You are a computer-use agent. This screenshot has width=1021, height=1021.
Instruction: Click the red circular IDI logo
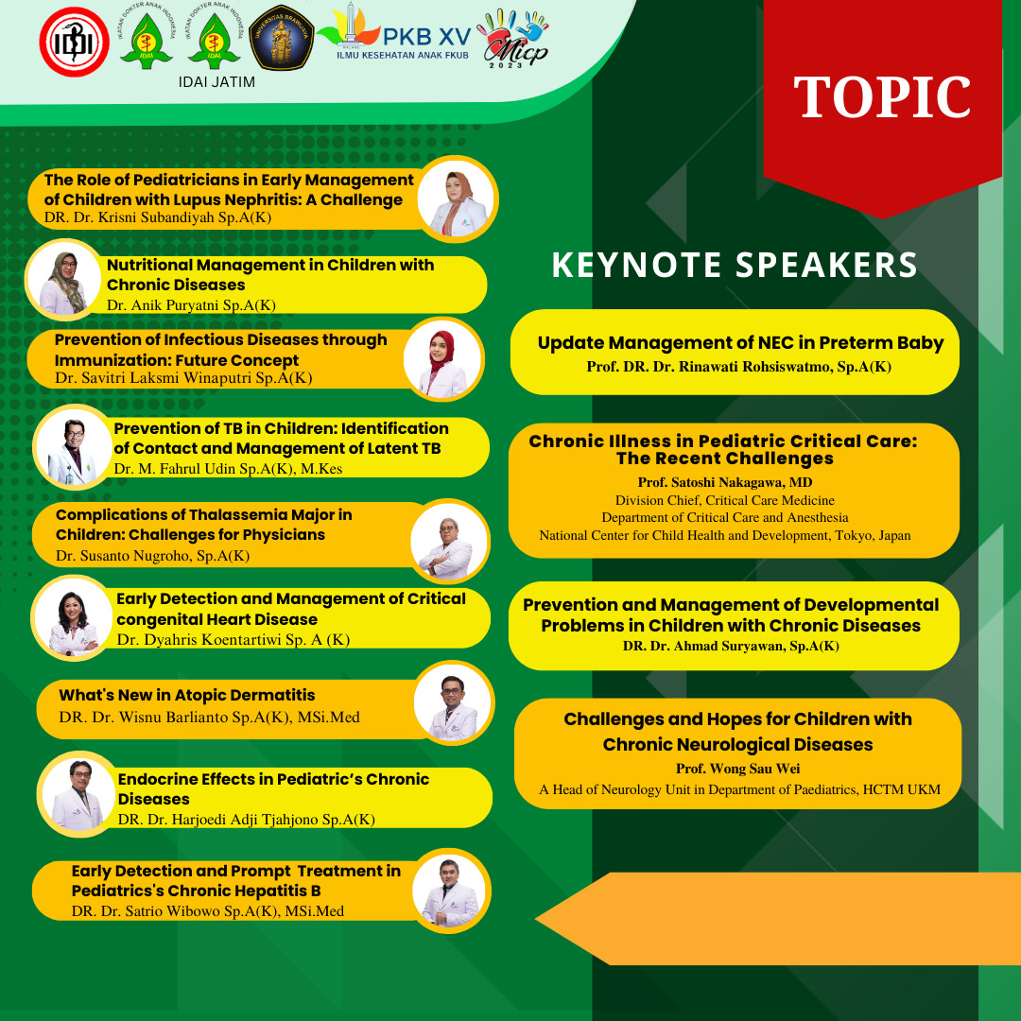point(75,42)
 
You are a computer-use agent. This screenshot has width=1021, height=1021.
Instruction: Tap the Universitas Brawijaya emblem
point(282,38)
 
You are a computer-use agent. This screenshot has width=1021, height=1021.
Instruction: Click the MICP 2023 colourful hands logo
point(514,38)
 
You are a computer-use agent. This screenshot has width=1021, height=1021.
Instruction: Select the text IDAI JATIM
point(216,82)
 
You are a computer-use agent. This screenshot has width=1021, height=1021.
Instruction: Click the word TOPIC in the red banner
point(882,97)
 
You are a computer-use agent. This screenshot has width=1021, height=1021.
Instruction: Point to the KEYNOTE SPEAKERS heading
point(735,265)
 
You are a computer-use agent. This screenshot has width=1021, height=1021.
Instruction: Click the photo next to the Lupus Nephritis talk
point(457,199)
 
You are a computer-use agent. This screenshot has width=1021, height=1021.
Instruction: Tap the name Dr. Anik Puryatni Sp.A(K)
point(191,305)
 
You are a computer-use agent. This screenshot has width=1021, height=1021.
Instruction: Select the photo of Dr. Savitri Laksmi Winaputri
point(442,359)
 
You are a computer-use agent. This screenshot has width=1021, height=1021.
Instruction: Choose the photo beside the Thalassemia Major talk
point(449,541)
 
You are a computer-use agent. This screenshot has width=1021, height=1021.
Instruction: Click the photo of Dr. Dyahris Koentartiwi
point(72,617)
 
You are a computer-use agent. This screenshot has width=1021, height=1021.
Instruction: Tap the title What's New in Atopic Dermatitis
point(187,696)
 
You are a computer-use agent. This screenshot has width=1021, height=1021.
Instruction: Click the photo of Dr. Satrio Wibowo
point(451,891)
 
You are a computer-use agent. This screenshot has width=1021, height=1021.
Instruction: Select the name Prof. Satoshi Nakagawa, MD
point(725,482)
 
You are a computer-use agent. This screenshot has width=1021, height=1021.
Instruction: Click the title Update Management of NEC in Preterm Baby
point(740,343)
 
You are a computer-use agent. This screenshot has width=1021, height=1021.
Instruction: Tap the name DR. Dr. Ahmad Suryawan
point(731,646)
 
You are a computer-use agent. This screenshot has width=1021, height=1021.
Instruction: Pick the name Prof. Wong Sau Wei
point(737,769)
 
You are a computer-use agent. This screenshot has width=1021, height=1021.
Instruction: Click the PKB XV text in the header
point(426,37)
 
